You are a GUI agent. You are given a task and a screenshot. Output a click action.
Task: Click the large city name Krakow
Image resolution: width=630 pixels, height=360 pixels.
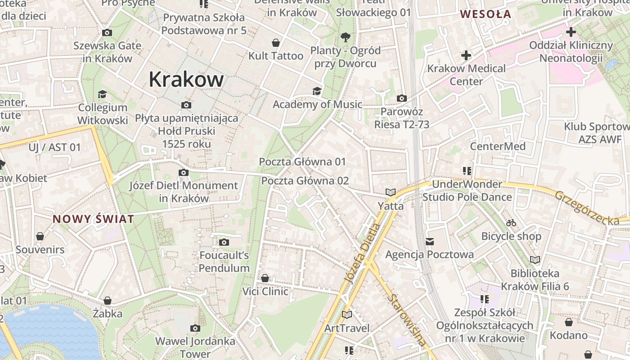186,80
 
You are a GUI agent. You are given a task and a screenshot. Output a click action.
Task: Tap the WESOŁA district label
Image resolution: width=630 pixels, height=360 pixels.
486,14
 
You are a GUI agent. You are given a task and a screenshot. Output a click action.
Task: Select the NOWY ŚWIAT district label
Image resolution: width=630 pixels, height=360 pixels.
93,219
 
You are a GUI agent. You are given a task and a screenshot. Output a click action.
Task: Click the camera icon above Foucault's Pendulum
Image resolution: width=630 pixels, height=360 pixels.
224,243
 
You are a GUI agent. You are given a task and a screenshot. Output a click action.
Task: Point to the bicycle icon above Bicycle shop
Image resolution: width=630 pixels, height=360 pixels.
511,223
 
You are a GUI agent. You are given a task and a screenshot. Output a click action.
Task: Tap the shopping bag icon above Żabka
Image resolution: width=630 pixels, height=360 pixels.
108,301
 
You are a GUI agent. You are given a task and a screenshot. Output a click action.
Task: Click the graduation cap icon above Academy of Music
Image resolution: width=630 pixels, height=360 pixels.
317,91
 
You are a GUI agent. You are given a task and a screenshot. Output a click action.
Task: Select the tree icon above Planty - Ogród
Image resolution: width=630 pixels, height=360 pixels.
346,37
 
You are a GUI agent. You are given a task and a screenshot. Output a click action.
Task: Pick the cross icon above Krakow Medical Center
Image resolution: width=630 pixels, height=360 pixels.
466,55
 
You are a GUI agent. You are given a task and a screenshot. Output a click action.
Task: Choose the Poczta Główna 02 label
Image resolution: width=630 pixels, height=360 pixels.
305,181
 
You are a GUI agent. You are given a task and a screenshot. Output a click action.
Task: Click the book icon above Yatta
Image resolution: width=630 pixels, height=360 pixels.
391,193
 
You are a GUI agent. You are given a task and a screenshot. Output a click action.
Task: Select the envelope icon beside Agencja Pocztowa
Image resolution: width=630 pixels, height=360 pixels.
430,242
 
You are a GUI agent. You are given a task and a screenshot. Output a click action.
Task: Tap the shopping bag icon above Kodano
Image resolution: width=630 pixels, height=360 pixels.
569,322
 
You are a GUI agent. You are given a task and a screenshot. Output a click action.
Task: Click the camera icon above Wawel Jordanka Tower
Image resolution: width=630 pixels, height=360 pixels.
195,328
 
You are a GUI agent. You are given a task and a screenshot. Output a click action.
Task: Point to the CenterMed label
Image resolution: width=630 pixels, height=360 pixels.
497,146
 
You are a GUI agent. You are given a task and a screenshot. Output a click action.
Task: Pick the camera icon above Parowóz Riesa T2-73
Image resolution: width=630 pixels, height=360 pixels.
402,98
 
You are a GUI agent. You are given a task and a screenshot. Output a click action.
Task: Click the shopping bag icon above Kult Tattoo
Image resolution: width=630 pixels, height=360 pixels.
276,43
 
